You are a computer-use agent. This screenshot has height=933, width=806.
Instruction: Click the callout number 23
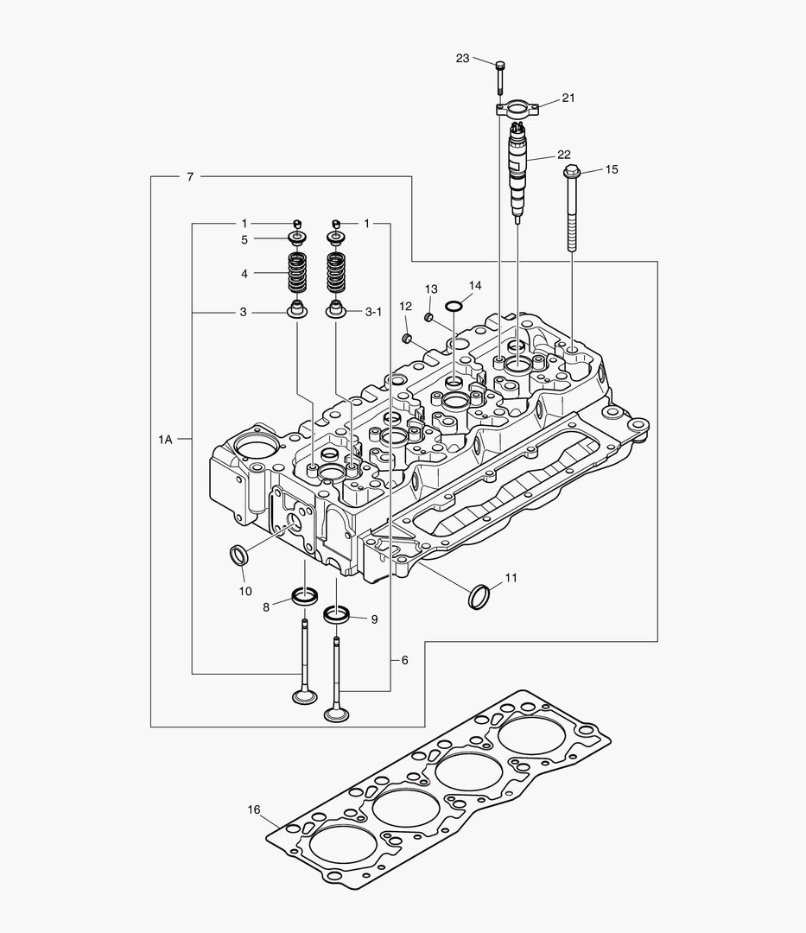[462, 58]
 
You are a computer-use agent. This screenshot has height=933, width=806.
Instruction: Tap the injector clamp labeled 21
[517, 109]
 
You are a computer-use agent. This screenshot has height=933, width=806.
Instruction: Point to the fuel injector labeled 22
[517, 168]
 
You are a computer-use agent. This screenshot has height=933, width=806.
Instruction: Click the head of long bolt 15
[570, 173]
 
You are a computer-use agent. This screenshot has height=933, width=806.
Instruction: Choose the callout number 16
[254, 809]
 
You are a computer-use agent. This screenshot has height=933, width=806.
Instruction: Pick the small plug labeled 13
[427, 317]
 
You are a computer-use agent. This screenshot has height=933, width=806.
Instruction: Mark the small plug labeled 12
[407, 336]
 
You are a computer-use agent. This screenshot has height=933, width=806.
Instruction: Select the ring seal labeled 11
[479, 596]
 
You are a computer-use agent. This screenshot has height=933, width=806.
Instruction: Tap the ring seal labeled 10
[238, 554]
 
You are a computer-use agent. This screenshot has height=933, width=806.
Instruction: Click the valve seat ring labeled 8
[305, 594]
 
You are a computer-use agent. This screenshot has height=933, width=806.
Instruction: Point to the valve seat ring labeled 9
[337, 615]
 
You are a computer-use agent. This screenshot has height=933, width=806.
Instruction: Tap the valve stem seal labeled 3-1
[336, 310]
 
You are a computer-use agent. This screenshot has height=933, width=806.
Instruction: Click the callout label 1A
[165, 440]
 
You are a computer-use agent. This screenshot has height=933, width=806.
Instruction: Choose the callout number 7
[189, 177]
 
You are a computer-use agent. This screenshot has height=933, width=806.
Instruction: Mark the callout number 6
[403, 660]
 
